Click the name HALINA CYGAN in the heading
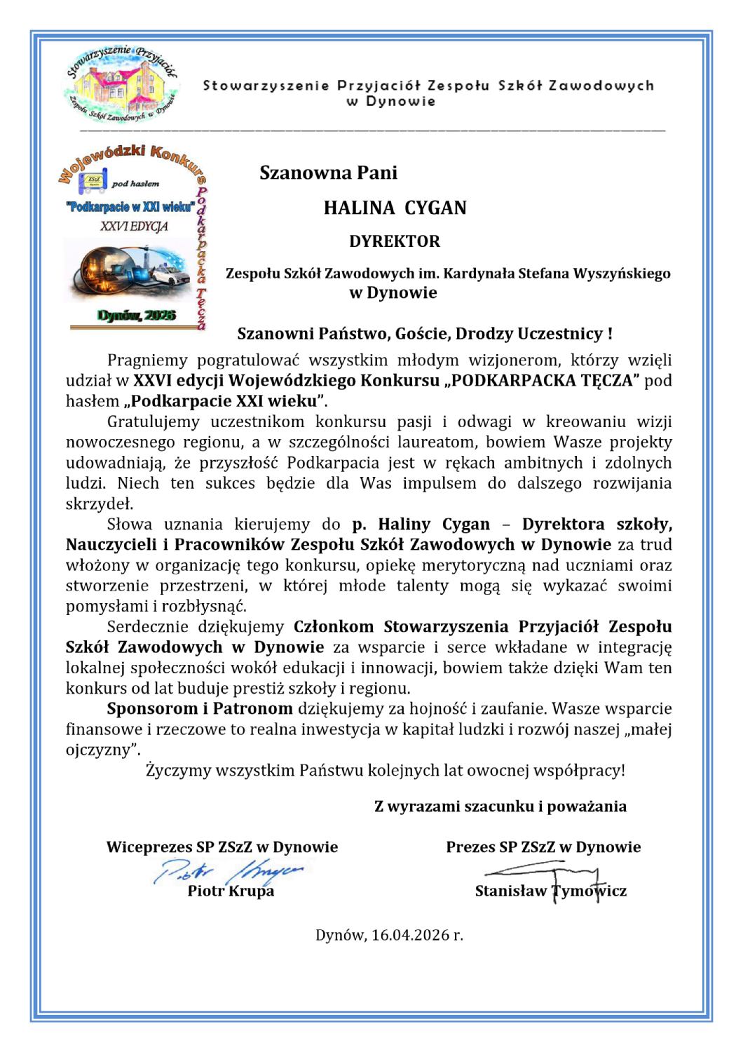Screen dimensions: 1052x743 pos(395,208)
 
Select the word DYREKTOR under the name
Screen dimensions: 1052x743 pos(395,241)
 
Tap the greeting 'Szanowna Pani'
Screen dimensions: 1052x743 pos(328,173)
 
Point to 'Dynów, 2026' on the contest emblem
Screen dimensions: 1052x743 pos(137,316)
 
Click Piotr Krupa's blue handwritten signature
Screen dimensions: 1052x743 pos(231,872)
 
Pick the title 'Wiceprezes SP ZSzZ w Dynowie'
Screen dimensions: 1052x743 pos(221,847)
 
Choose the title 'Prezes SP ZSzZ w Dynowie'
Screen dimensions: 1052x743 pos(543,847)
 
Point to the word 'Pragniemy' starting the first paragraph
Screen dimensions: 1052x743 pos(149,361)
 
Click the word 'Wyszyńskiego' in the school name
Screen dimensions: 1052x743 pos(622,274)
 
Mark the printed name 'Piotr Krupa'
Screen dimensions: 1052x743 pos(231,891)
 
